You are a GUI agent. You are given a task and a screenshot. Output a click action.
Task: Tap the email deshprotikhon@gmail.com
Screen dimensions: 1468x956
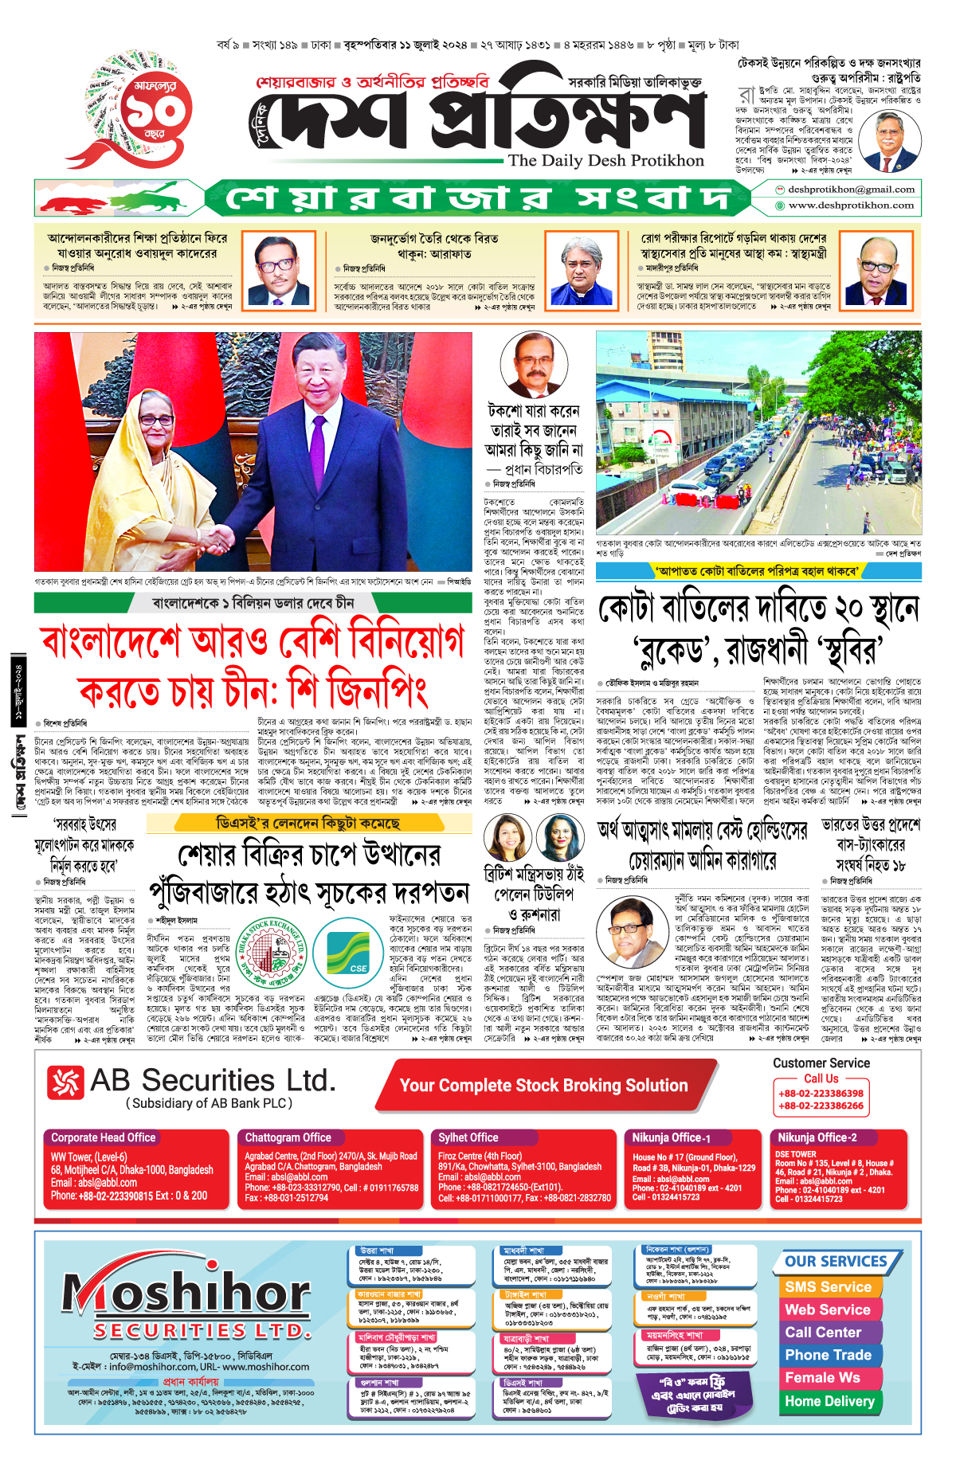point(851,190)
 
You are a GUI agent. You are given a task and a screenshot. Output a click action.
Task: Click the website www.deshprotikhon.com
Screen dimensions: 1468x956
point(851,206)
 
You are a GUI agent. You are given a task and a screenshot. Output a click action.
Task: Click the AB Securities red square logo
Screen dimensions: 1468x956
point(65,1082)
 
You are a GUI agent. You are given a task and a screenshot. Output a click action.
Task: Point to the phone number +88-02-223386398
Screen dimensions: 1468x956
point(821,1094)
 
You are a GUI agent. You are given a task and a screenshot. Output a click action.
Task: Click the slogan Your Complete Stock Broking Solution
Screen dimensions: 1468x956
point(543,1086)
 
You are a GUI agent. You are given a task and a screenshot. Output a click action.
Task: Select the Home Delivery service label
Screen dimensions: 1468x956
point(829,1401)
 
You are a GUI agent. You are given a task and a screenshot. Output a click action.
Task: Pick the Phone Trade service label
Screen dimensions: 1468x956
point(828,1355)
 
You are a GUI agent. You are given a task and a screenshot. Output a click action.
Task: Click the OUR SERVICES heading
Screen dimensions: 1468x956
point(836,1262)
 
